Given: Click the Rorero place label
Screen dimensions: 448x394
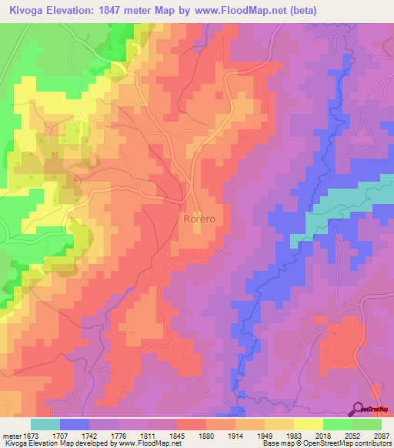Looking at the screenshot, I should point(202,219).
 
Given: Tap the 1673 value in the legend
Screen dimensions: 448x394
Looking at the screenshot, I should point(31,436).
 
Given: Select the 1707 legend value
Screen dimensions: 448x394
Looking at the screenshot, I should point(60,436).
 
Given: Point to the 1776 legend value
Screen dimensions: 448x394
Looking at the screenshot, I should point(118,436).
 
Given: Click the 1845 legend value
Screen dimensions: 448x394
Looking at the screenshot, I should point(175,436).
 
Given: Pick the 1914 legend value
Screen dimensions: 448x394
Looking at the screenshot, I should point(235,436).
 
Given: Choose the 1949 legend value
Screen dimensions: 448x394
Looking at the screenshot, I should point(264,436).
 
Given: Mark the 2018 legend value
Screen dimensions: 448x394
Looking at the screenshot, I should point(322,436).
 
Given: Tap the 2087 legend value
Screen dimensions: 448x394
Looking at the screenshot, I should point(380,436).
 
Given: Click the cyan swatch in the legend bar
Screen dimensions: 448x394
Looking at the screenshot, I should point(45,424).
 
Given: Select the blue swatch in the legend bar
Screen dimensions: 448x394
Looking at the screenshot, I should point(75,424).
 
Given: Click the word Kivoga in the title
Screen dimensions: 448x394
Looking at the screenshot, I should point(28,10).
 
